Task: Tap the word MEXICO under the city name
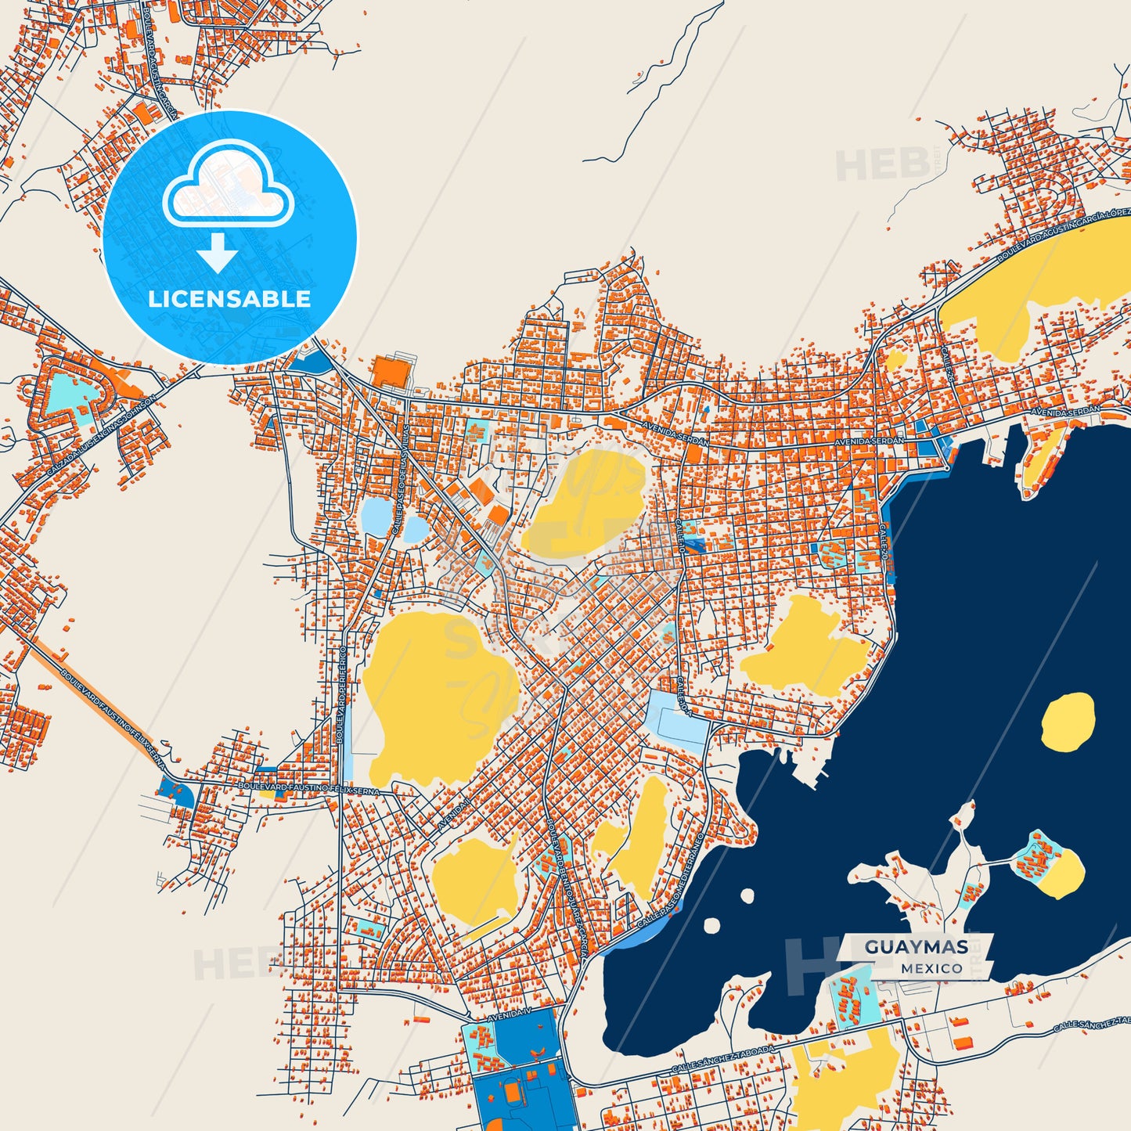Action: click(x=931, y=968)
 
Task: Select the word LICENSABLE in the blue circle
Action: click(x=229, y=298)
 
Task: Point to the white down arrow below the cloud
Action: click(x=218, y=251)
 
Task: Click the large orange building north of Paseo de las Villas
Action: click(x=390, y=372)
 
